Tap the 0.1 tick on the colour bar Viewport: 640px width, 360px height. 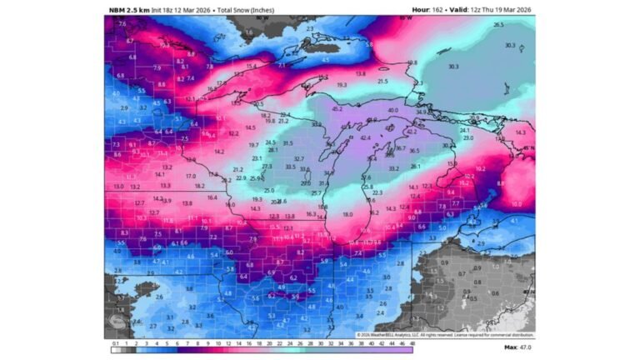pyautogui.click(x=115, y=342)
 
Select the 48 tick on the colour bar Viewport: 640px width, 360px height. pyautogui.click(x=411, y=342)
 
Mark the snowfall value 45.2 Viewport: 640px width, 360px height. pyautogui.click(x=337, y=108)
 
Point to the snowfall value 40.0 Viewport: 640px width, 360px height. pyautogui.click(x=392, y=109)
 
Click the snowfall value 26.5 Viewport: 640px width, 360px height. pyautogui.click(x=498, y=25)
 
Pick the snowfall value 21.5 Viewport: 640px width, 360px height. pyautogui.click(x=382, y=81)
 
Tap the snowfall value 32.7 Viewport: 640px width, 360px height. pyautogui.click(x=299, y=158)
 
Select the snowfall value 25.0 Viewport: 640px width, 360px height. pyautogui.click(x=269, y=191)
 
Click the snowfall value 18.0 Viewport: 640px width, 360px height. pyautogui.click(x=347, y=214)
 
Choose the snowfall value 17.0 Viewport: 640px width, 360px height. pyautogui.click(x=190, y=176)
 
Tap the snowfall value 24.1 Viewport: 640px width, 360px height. pyautogui.click(x=464, y=130)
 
